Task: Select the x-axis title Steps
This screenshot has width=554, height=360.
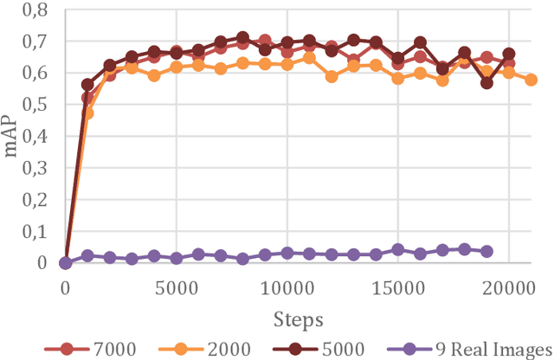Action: [298, 319]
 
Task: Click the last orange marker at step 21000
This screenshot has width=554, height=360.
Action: [531, 80]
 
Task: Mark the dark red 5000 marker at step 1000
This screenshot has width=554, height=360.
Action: [87, 85]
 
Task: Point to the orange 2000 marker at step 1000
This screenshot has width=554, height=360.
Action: [87, 112]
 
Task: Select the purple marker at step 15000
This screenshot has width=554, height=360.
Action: [397, 249]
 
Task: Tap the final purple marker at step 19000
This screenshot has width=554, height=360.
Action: [486, 251]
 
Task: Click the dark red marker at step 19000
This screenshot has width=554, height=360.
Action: [486, 83]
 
